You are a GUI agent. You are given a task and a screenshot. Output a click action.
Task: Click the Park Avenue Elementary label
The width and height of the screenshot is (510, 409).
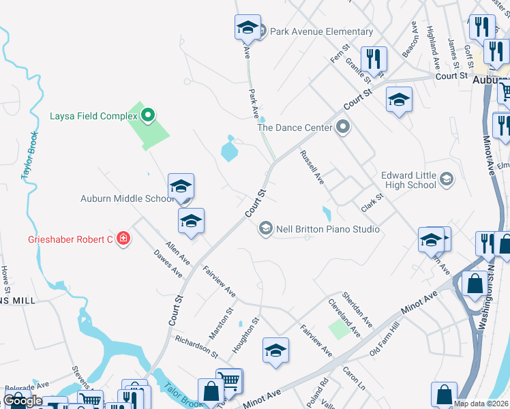click(321, 31)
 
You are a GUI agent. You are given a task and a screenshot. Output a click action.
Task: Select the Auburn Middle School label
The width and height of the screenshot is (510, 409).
click(128, 199)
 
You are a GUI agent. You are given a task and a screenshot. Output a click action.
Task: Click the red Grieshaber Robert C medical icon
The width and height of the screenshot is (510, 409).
click(123, 239)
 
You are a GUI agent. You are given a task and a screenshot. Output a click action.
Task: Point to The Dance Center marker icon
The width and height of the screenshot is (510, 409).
click(342, 127)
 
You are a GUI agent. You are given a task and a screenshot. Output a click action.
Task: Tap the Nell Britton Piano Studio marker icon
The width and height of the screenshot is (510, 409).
click(265, 229)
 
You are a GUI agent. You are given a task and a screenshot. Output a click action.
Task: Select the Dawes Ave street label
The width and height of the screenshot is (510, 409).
click(168, 262)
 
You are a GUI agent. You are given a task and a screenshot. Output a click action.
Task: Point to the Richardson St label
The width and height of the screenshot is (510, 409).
click(196, 346)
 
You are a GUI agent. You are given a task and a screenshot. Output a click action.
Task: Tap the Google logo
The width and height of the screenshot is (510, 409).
click(22, 401)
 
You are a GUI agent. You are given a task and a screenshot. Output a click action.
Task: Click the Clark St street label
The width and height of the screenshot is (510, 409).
click(373, 200)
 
